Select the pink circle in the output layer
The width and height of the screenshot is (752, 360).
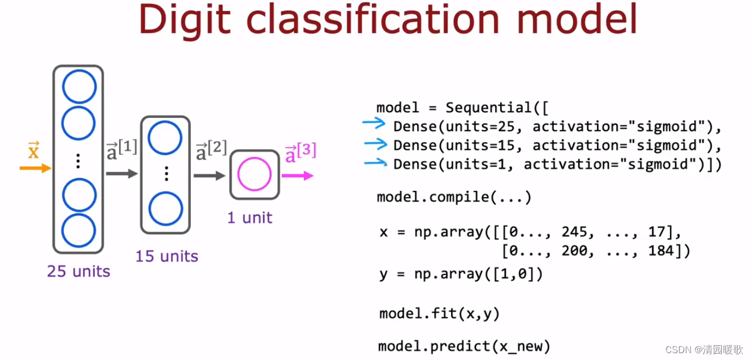pyautogui.click(x=255, y=175)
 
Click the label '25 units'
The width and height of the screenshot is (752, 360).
pyautogui.click(x=79, y=271)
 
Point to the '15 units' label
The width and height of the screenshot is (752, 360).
pyautogui.click(x=167, y=256)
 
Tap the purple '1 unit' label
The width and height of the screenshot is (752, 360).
pyautogui.click(x=250, y=218)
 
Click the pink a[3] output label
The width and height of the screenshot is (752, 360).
pyautogui.click(x=300, y=152)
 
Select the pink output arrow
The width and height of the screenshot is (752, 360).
pyautogui.click(x=297, y=175)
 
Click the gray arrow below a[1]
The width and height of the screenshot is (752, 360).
pyautogui.click(x=121, y=173)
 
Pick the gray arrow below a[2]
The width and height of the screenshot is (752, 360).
pyautogui.click(x=210, y=175)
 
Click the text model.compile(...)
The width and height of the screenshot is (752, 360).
pyautogui.click(x=454, y=198)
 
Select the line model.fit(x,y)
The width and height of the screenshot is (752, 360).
pyautogui.click(x=439, y=313)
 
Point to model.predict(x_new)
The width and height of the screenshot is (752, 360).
pyautogui.click(x=464, y=346)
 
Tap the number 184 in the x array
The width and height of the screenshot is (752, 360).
pyautogui.click(x=661, y=251)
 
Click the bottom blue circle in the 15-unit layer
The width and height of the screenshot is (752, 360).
pyautogui.click(x=165, y=209)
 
